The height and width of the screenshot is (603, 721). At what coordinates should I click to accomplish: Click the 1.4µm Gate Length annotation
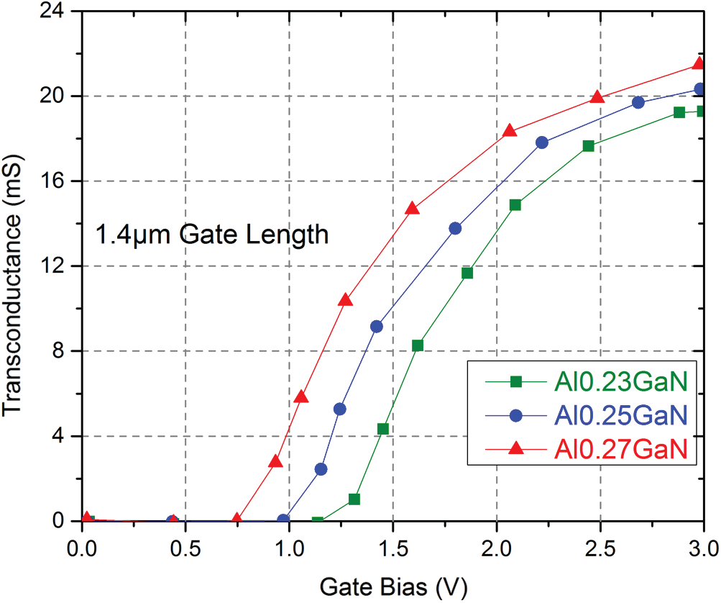pos(213,234)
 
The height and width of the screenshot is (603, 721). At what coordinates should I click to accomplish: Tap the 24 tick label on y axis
pos(58,12)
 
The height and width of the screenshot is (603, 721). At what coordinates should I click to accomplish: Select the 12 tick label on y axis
pos(58,266)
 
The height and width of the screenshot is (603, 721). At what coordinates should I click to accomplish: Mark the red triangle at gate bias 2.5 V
pos(597,97)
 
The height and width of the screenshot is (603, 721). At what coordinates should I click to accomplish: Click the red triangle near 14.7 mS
pos(412,209)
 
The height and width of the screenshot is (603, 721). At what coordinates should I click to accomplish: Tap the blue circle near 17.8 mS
pos(542,142)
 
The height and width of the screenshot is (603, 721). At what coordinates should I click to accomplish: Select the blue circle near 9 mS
pos(377,326)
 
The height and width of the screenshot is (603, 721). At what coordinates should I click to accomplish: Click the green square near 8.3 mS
pos(418,345)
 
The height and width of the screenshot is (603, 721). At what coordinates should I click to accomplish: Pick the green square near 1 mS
pos(354,499)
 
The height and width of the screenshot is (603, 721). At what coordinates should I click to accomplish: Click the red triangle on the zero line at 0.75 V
pos(237,519)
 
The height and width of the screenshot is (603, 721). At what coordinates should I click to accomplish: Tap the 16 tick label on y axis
pos(58,181)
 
